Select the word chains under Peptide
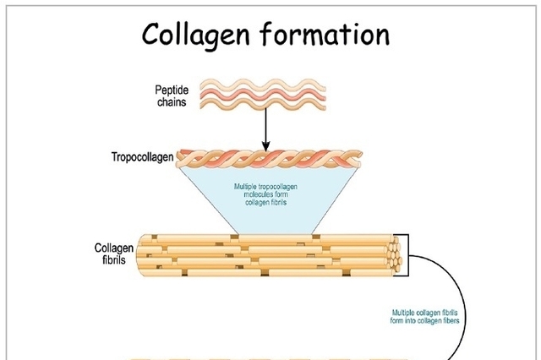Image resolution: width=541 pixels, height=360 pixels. pyautogui.click(x=172, y=102)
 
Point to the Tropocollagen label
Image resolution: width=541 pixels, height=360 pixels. pyautogui.click(x=140, y=157)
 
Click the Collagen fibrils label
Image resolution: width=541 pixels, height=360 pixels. pyautogui.click(x=113, y=253)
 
